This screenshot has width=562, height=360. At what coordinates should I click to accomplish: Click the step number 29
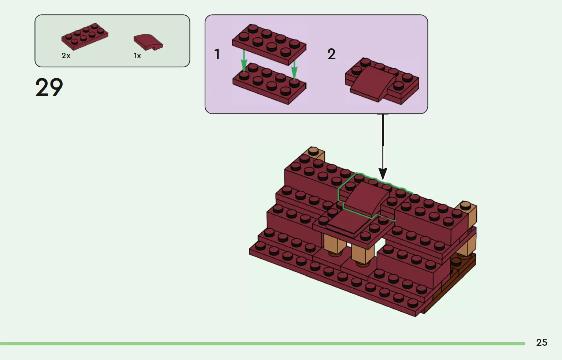(x=49, y=87)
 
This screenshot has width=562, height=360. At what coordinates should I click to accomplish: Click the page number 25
(x=541, y=342)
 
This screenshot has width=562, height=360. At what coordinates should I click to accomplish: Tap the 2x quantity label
(x=66, y=56)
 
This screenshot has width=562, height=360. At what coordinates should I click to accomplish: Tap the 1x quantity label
(x=137, y=56)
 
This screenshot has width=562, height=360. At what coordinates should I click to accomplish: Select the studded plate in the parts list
(x=85, y=36)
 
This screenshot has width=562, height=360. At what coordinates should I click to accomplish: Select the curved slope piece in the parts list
(x=148, y=42)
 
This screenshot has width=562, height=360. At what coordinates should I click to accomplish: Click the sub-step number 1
(x=217, y=55)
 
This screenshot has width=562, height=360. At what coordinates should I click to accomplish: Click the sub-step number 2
(x=331, y=55)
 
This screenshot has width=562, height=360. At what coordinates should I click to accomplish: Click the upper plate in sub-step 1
(x=269, y=44)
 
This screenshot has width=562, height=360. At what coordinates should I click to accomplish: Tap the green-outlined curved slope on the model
(x=364, y=198)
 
